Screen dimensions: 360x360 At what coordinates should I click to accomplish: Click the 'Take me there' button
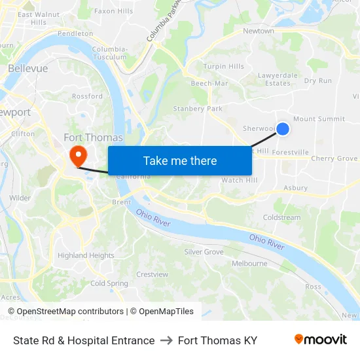click(180, 161)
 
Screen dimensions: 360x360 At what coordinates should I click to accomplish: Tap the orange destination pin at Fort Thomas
click(78, 156)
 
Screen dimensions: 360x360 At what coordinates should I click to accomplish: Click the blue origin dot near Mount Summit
click(283, 129)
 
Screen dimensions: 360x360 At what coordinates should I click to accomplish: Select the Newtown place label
click(259, 31)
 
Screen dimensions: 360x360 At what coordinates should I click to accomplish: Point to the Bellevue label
click(28, 68)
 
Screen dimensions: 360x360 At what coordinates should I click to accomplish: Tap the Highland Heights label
click(86, 255)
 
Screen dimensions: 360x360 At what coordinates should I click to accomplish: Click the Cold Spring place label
click(109, 283)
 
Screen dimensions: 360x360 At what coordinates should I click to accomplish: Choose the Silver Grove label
click(204, 252)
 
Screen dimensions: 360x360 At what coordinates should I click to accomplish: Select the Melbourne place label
click(249, 264)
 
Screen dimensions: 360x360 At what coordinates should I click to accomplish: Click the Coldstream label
click(281, 217)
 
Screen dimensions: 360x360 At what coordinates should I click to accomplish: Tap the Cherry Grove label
click(334, 158)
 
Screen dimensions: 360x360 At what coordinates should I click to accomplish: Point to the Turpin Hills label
click(223, 67)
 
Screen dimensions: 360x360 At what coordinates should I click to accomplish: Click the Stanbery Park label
click(198, 109)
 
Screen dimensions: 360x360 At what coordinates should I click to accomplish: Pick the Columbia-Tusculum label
click(110, 53)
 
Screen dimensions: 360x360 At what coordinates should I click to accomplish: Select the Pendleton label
click(75, 33)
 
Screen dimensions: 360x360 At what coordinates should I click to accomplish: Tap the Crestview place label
click(153, 274)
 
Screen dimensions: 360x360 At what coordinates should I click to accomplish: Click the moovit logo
click(320, 340)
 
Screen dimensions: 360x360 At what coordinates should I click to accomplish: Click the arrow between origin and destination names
click(166, 340)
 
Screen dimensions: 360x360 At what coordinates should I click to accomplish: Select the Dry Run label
click(318, 81)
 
